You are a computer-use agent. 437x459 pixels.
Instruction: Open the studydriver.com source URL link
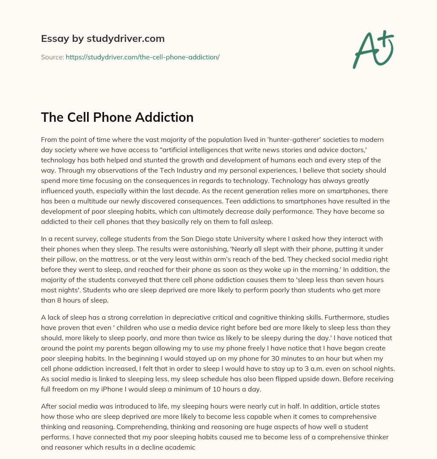(143, 57)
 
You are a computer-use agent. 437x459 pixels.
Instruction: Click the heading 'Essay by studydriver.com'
(102, 38)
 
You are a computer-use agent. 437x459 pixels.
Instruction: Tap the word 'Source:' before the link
(52, 57)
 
